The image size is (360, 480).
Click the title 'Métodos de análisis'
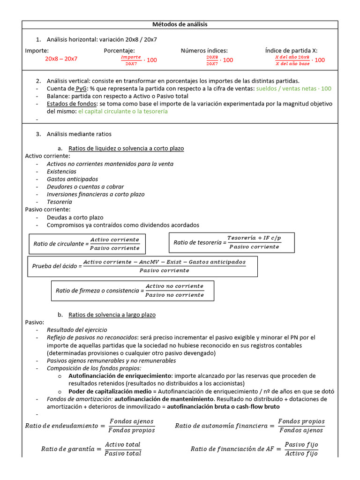pyautogui.click(x=180, y=24)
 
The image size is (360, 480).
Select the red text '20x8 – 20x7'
pyautogui.click(x=61, y=59)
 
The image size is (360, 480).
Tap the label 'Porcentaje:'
pyautogui.click(x=119, y=51)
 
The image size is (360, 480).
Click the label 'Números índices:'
pyautogui.click(x=204, y=51)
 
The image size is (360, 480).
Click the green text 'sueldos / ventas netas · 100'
pyautogui.click(x=294, y=89)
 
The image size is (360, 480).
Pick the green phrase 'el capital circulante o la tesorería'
pyautogui.click(x=123, y=112)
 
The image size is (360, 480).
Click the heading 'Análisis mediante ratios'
pyautogui.click(x=79, y=135)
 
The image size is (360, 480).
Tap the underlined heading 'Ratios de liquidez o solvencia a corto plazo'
pyautogui.click(x=126, y=149)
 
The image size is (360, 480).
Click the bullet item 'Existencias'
pyautogui.click(x=61, y=172)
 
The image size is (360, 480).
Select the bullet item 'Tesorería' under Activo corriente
pyautogui.click(x=59, y=202)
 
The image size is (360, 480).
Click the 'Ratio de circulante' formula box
pyautogui.click(x=87, y=244)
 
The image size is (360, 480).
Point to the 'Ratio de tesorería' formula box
pyautogui.click(x=232, y=242)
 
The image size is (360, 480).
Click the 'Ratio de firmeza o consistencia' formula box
pyautogui.click(x=132, y=291)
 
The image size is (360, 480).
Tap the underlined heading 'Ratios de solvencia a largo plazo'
pyautogui.click(x=112, y=315)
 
